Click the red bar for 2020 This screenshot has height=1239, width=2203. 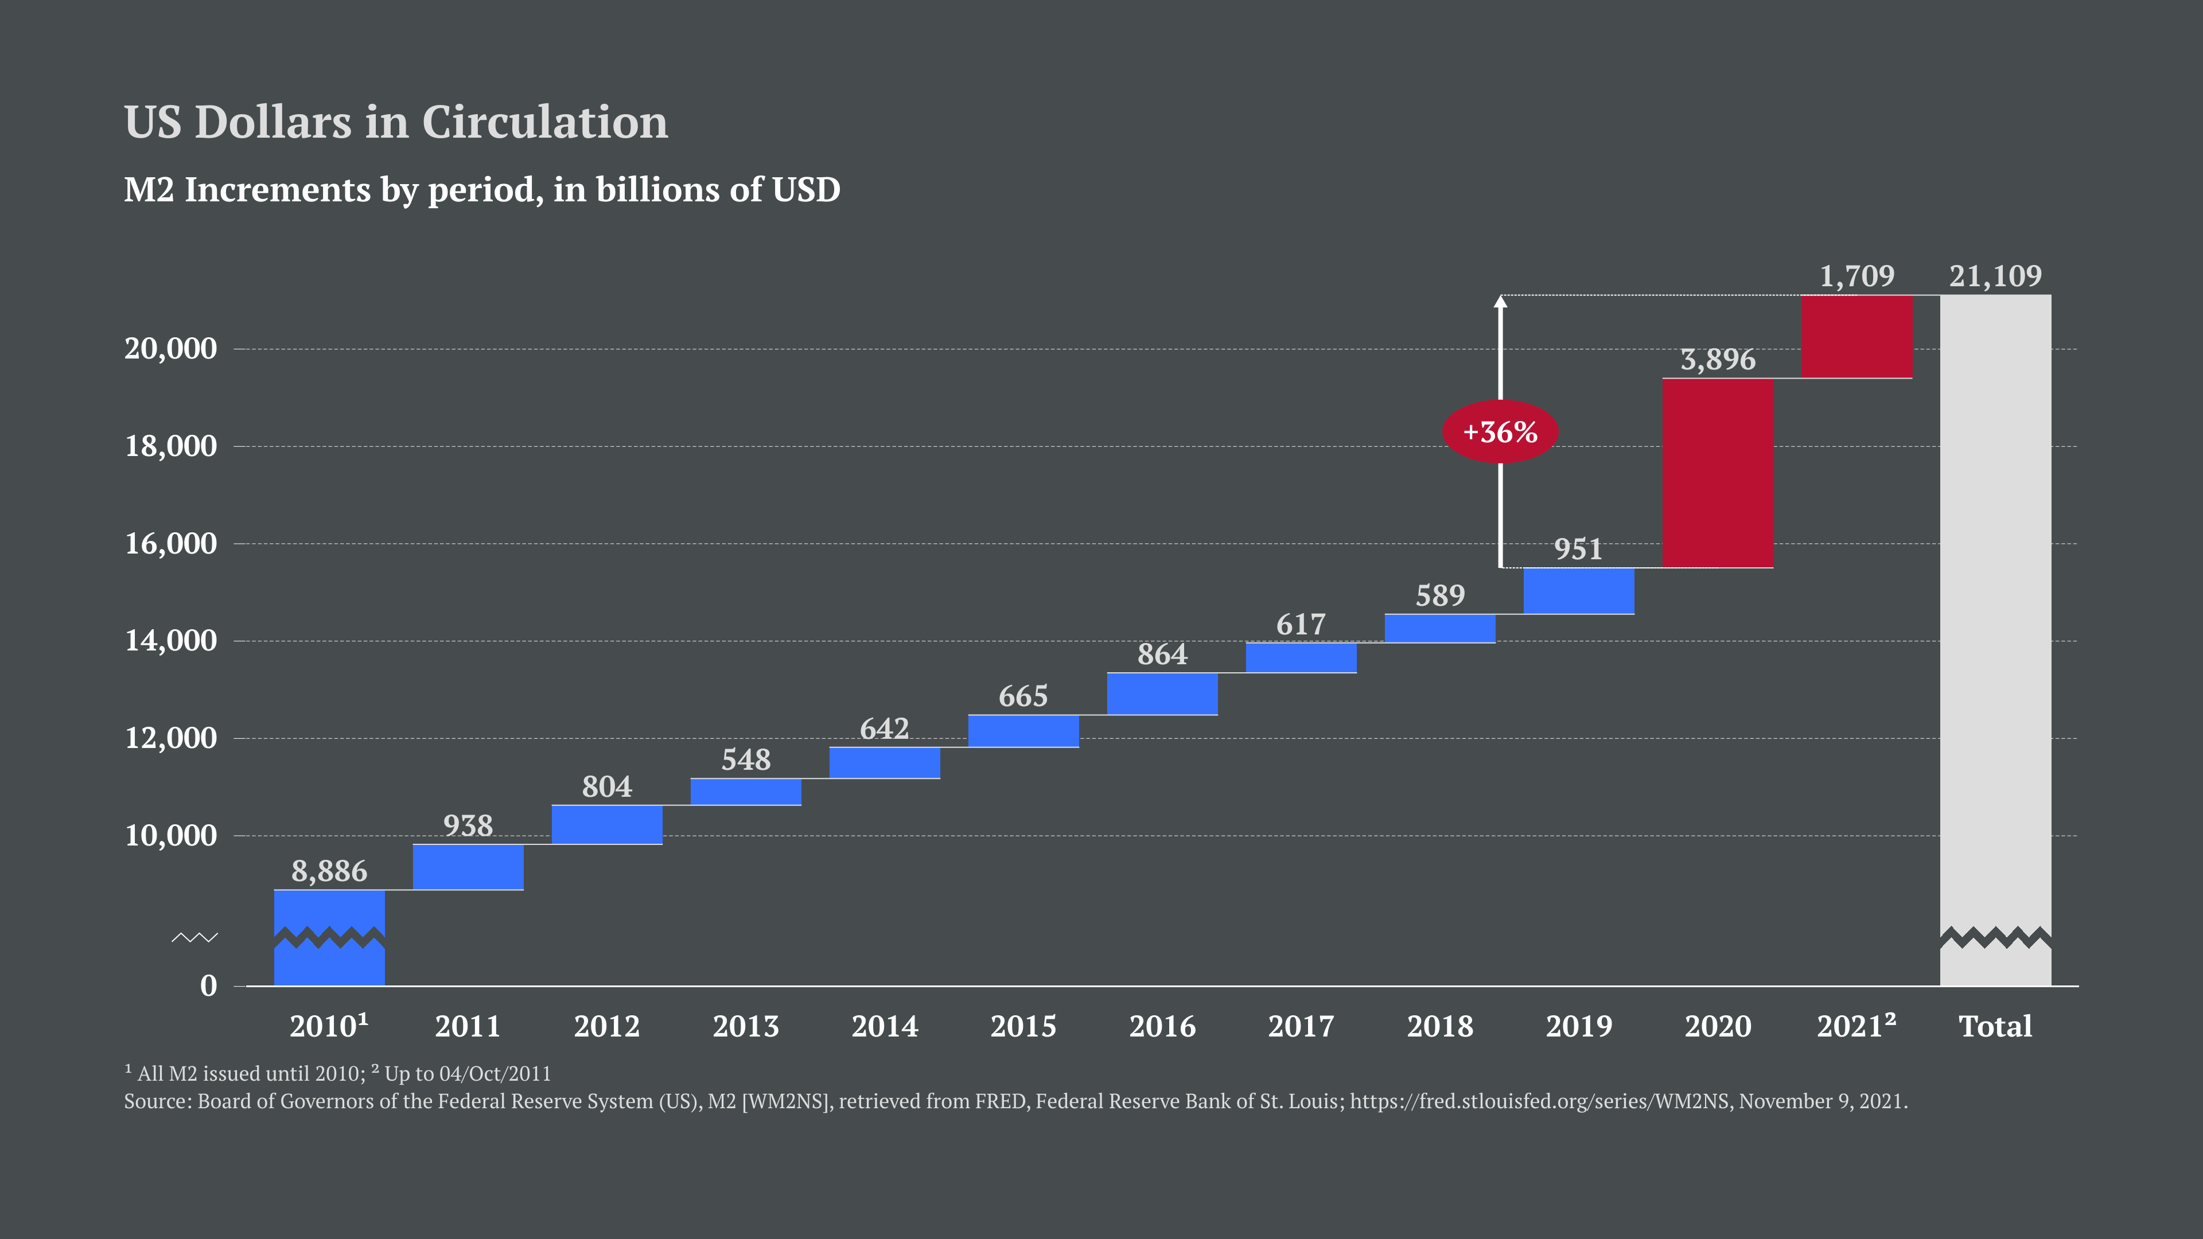(x=1717, y=473)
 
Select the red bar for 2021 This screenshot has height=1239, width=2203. (x=1856, y=336)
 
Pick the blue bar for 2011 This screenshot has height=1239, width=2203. (x=468, y=867)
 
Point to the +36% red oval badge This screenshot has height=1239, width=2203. (x=1500, y=432)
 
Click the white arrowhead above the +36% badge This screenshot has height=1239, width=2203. (x=1500, y=301)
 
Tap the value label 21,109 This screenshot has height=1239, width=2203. (x=1995, y=276)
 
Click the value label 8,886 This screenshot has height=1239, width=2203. (x=329, y=871)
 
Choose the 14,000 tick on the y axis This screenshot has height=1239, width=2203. (x=171, y=641)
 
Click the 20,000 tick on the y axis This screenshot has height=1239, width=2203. (x=171, y=349)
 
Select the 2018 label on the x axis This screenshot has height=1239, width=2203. (x=1440, y=1026)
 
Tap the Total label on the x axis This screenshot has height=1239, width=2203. (x=1995, y=1026)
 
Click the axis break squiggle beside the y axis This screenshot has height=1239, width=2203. (x=195, y=938)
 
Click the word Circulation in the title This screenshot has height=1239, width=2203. (x=545, y=122)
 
